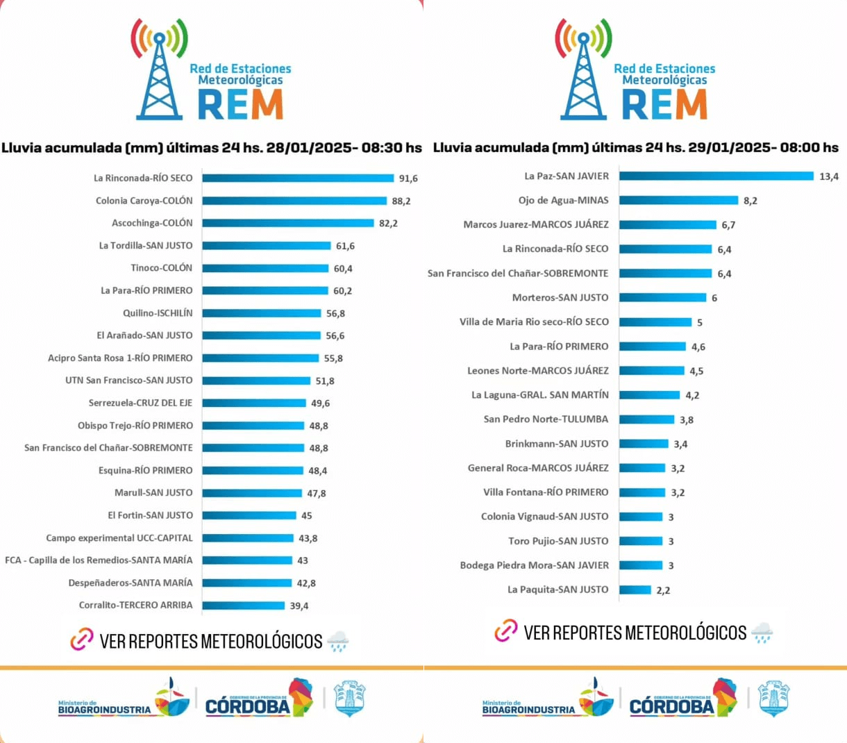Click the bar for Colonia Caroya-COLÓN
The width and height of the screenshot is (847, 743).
(x=294, y=201)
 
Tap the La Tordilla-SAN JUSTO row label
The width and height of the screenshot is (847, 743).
(x=146, y=246)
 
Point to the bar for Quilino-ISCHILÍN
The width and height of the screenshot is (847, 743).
(x=262, y=313)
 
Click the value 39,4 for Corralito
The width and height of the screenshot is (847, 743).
(x=299, y=606)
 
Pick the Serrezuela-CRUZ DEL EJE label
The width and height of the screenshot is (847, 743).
(x=140, y=403)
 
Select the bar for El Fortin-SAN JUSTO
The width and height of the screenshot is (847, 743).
(x=249, y=515)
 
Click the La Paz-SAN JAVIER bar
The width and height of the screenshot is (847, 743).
(x=716, y=176)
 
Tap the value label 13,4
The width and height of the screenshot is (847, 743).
(x=829, y=177)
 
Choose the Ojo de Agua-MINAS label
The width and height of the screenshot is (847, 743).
(x=563, y=201)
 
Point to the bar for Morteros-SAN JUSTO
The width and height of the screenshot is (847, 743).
(x=662, y=297)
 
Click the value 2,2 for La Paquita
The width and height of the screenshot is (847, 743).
(x=663, y=590)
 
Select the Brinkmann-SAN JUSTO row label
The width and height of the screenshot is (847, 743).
(x=557, y=444)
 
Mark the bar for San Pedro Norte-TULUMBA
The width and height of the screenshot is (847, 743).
(x=646, y=419)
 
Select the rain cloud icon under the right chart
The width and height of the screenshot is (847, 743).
(x=762, y=633)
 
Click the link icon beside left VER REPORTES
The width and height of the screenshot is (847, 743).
(x=82, y=640)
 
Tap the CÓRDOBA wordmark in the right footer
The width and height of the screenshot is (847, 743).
(x=671, y=706)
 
